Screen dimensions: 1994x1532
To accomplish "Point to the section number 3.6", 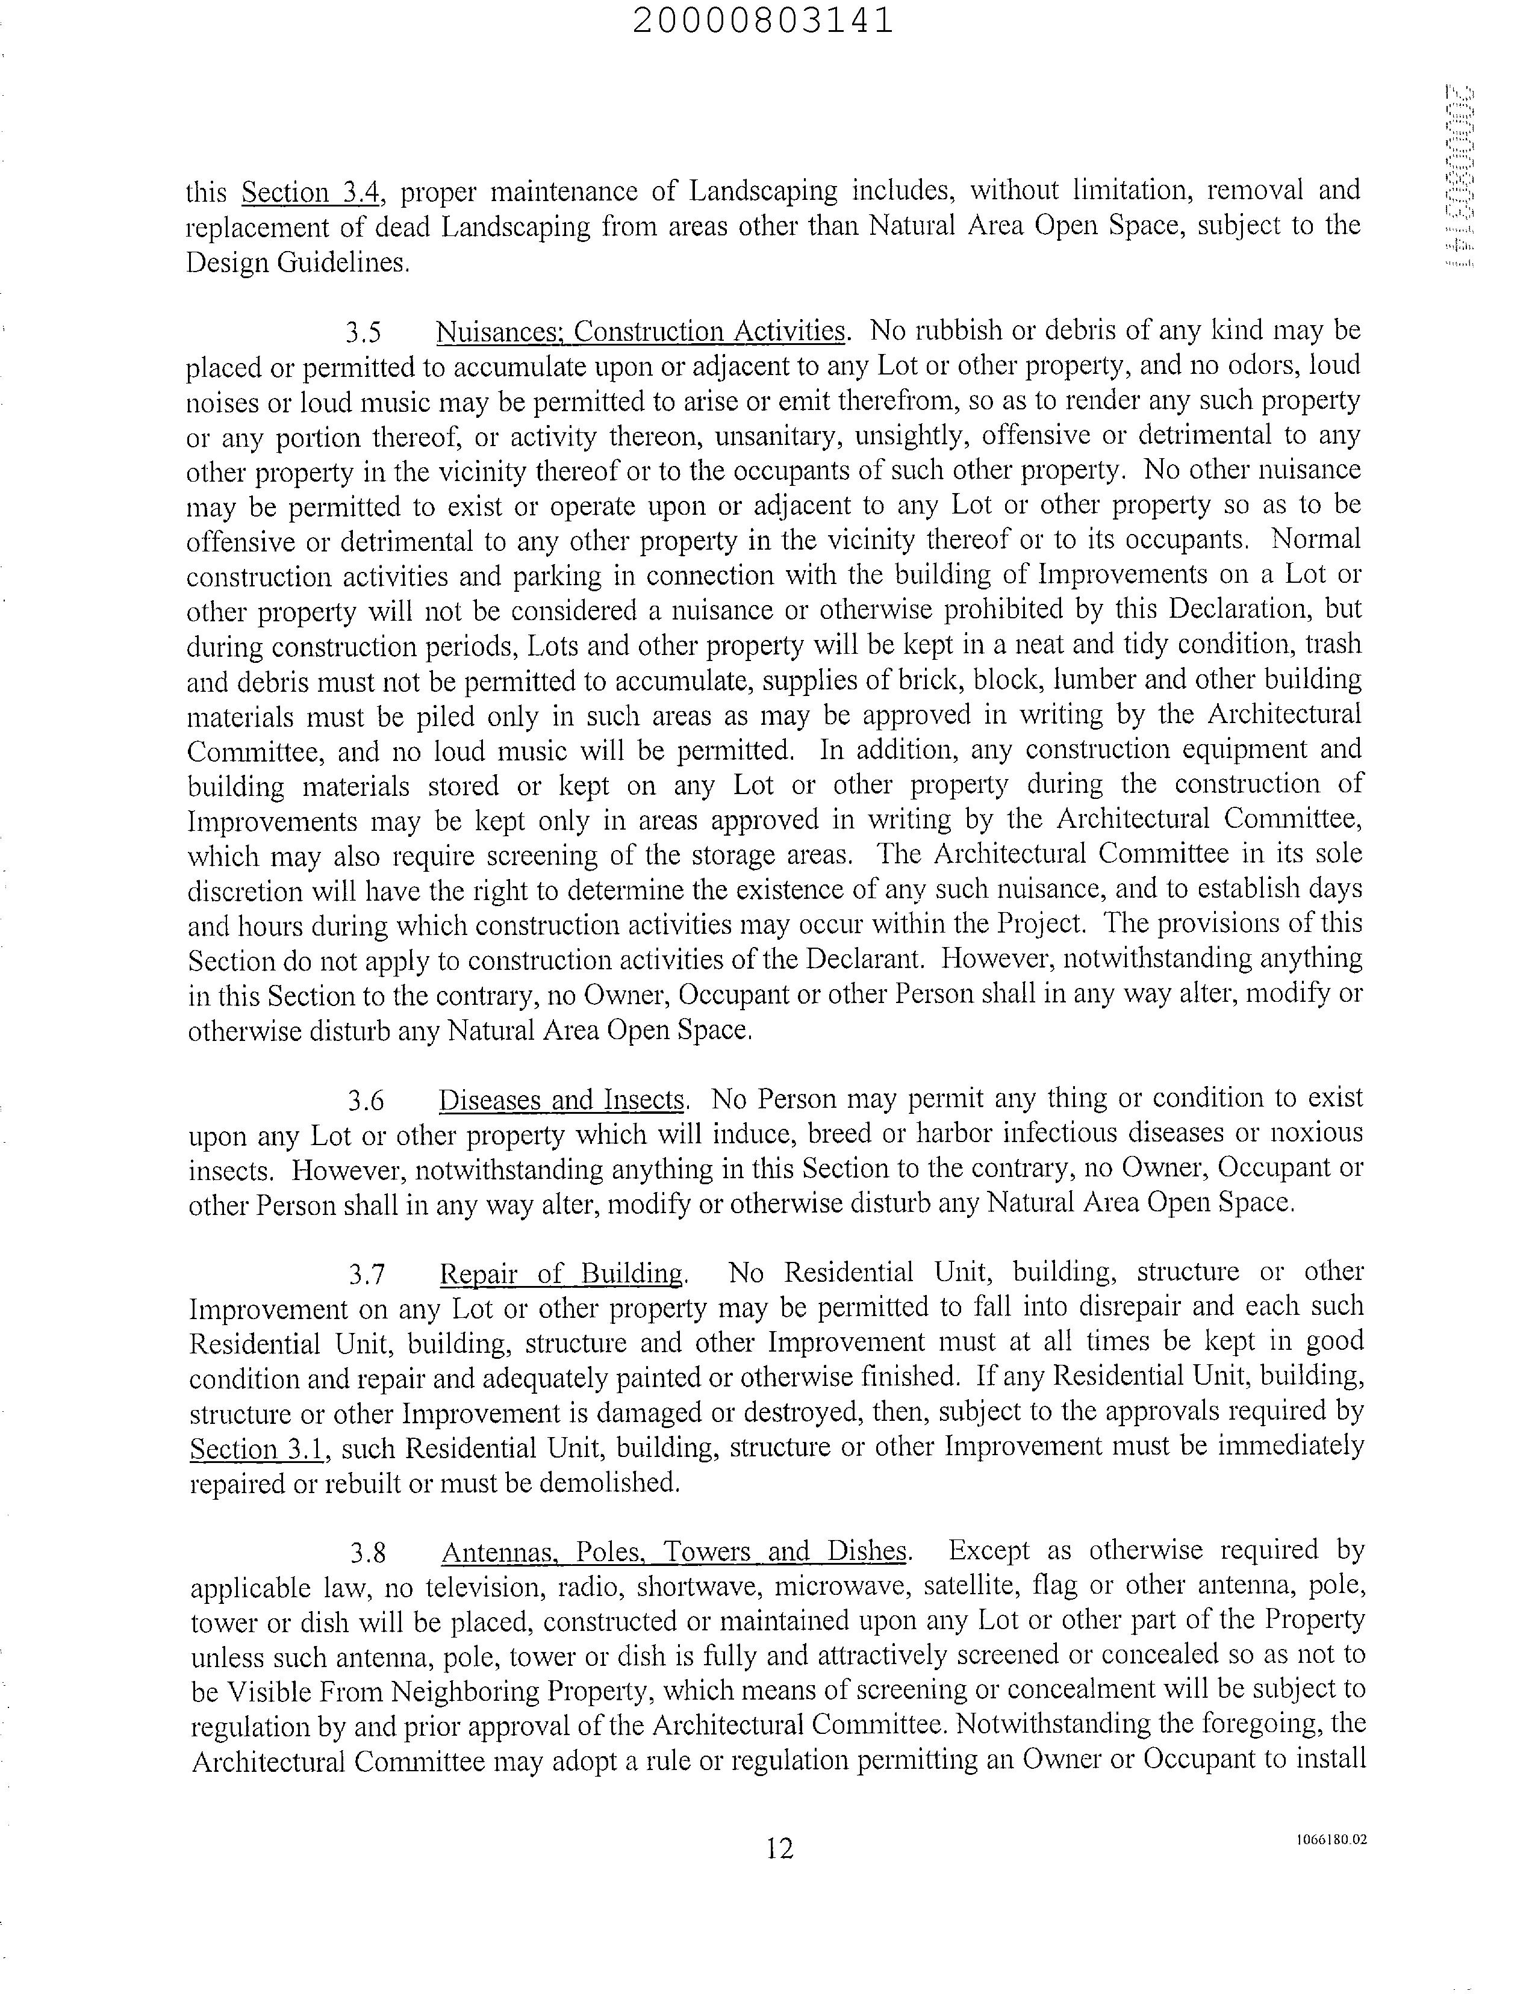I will (x=366, y=1101).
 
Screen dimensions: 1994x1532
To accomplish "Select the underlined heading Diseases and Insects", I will (x=561, y=1099).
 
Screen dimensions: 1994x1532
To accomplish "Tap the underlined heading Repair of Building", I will (x=561, y=1273).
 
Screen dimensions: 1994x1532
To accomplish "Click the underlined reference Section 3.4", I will (x=310, y=193).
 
